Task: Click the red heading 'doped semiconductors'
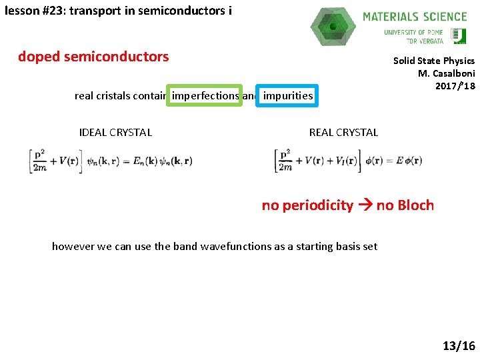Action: pos(93,57)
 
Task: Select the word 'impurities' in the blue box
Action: pos(287,95)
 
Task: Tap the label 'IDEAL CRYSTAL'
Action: pos(115,132)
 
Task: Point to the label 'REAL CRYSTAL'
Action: pos(343,132)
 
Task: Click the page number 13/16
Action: pos(459,345)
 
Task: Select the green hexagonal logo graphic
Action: pos(333,26)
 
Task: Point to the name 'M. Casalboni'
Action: pos(446,73)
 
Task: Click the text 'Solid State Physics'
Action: pos(433,61)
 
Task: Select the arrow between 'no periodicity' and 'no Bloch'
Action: pos(365,205)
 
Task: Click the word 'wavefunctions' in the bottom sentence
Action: pos(239,246)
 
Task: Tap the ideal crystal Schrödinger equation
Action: pos(110,161)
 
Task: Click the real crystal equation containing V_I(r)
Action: pos(348,161)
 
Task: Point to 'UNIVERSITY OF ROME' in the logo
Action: pos(413,32)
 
